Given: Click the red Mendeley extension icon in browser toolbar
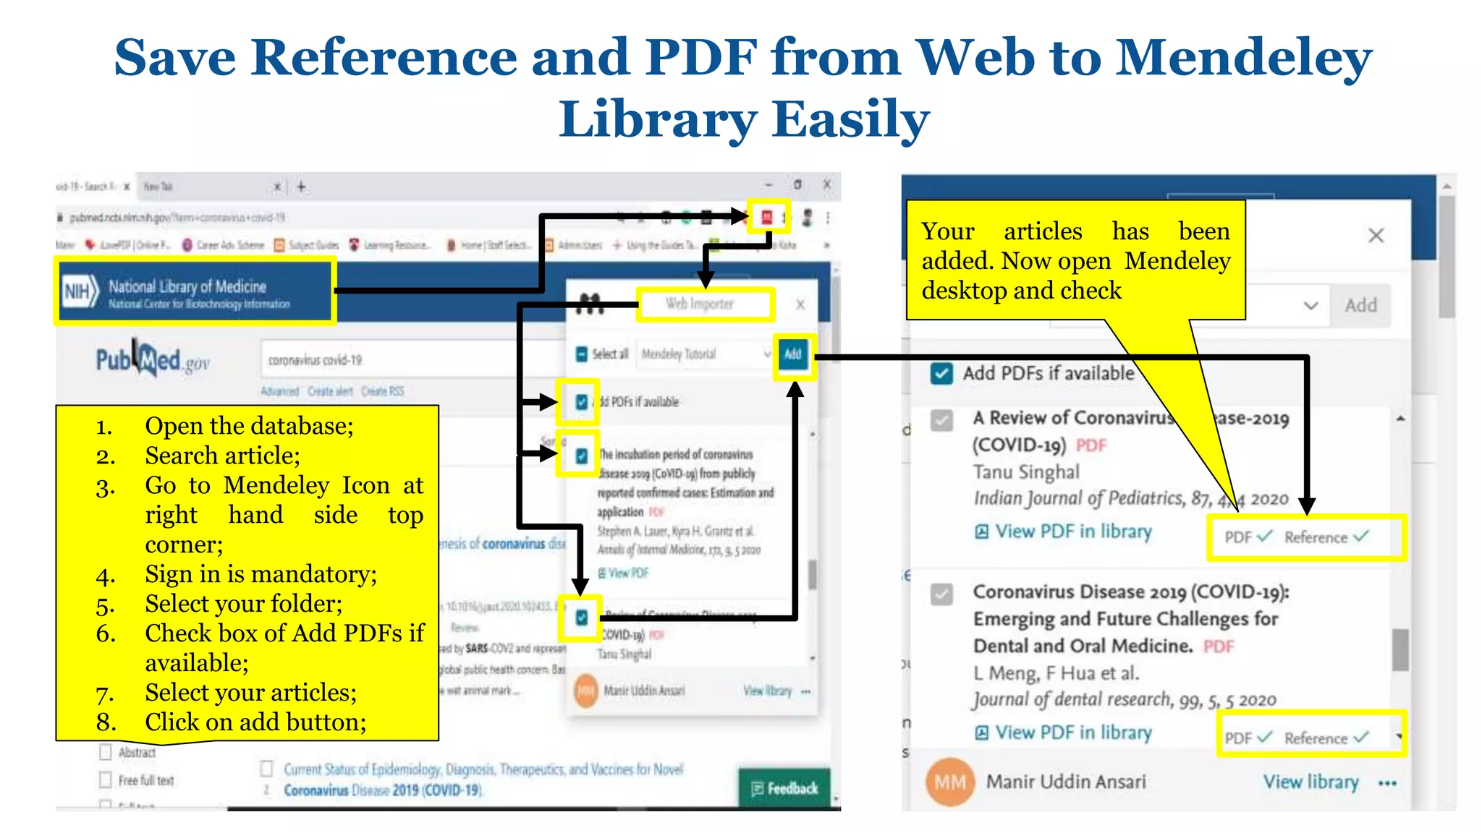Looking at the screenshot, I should tap(767, 216).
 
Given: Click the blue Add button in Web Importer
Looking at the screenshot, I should tap(793, 354).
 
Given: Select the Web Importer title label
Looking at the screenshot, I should tap(700, 304).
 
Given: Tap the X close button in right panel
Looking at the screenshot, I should tap(1376, 236).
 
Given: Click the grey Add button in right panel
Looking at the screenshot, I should tap(1360, 306).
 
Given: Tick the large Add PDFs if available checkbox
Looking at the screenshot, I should tap(941, 374).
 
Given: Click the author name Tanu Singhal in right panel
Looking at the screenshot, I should tap(1026, 472).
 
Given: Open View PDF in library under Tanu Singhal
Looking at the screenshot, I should tap(1073, 531).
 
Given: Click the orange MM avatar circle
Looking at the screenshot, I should tap(950, 782).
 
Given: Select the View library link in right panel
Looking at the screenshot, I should tap(1310, 782).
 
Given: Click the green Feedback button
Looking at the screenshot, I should tap(785, 788).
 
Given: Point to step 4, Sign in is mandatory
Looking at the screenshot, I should tap(261, 574).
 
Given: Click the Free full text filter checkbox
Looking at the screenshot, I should tap(106, 780).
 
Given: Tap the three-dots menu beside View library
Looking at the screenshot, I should tap(1387, 783).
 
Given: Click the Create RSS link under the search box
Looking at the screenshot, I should tap(383, 391).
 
